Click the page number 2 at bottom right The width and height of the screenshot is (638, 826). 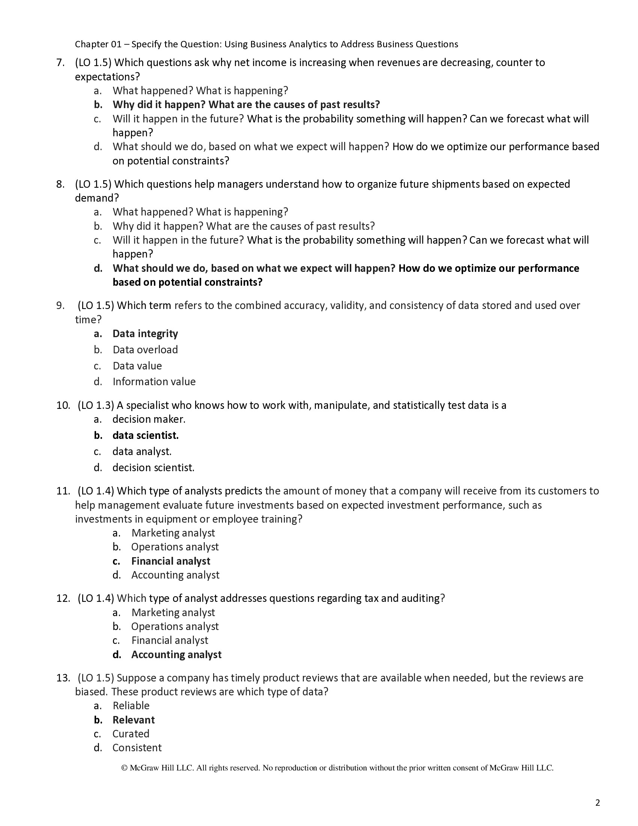(x=597, y=803)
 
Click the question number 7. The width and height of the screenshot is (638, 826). (x=60, y=63)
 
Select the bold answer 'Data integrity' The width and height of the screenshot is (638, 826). (x=145, y=333)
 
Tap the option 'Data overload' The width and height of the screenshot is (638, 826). (x=145, y=350)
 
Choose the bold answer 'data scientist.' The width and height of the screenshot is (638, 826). (x=146, y=436)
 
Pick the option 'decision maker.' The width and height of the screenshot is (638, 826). (x=149, y=419)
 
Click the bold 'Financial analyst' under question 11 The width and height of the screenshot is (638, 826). (x=170, y=561)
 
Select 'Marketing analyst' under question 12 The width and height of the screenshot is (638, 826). (x=173, y=612)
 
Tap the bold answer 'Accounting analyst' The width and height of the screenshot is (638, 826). (x=176, y=655)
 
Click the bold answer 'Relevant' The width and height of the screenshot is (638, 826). (x=134, y=720)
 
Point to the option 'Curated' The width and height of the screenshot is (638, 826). (x=131, y=734)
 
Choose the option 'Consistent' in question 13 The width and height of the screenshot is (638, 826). (x=137, y=748)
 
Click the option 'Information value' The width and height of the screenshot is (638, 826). (x=154, y=381)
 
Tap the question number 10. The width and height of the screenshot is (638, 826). (x=63, y=405)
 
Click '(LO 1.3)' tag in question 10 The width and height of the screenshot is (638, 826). (x=96, y=405)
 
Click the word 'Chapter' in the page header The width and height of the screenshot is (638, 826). (x=89, y=45)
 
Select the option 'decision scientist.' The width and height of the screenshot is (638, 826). (x=153, y=468)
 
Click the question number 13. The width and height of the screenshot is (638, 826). (x=63, y=678)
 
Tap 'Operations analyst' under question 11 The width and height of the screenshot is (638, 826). (x=175, y=547)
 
